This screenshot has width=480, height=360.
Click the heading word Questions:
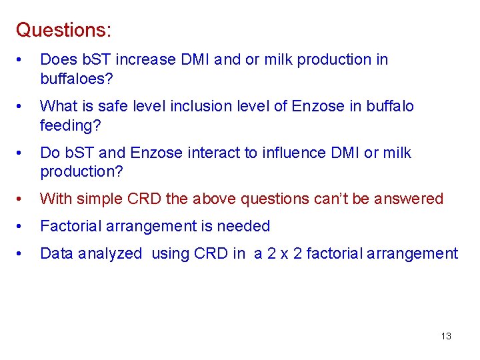coord(63,30)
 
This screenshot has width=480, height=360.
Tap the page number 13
coord(446,336)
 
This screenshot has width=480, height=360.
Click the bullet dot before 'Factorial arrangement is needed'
coord(22,227)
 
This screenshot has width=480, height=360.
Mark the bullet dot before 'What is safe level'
coord(22,107)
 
